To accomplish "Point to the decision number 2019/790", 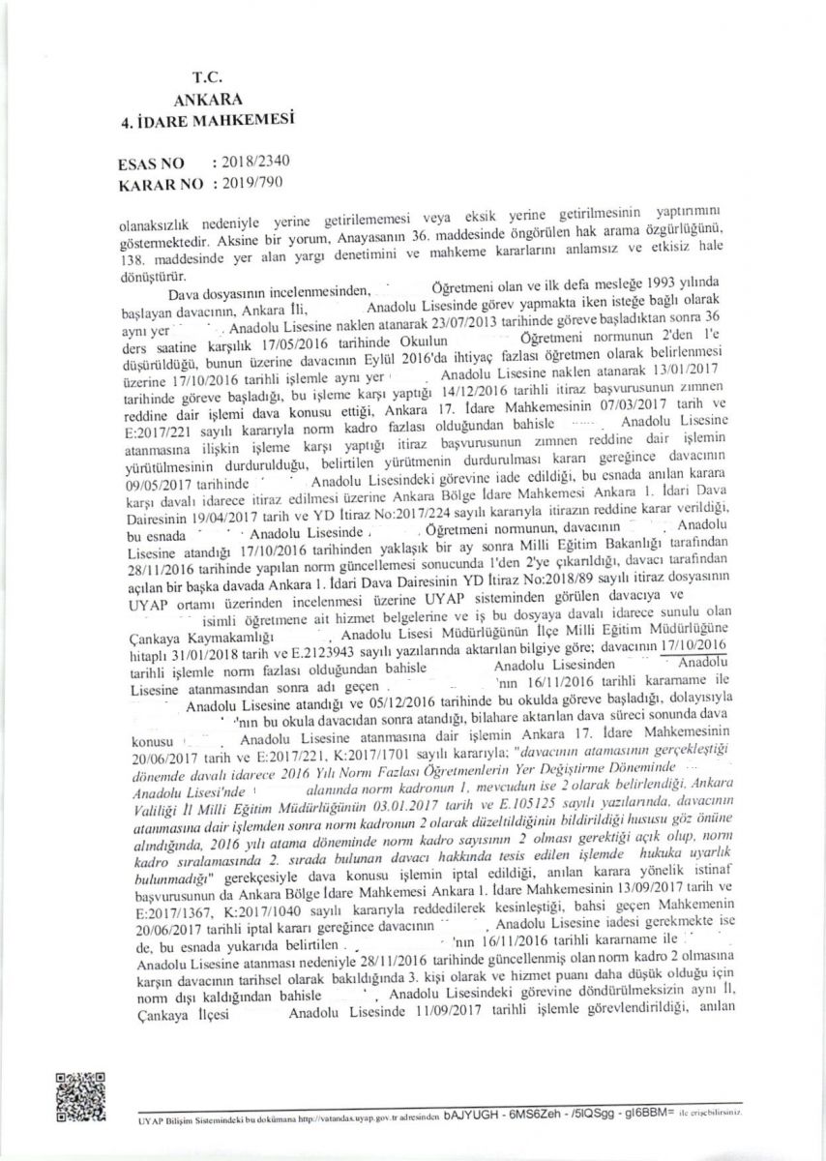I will coord(252,181).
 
